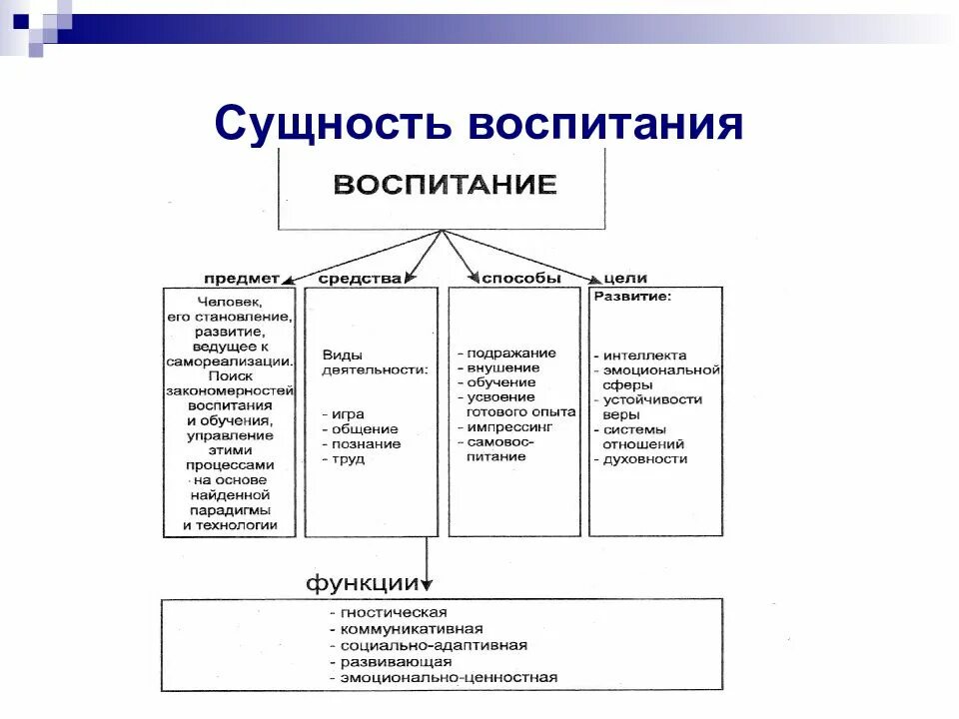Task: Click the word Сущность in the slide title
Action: tap(331, 123)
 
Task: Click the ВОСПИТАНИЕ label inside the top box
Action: tap(445, 186)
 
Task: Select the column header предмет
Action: tap(242, 279)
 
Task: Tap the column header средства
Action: tap(360, 279)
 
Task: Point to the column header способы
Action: tap(520, 279)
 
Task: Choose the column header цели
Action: tap(625, 279)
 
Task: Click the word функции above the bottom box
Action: tap(362, 581)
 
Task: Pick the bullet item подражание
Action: tap(511, 354)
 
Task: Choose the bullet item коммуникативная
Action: tap(411, 629)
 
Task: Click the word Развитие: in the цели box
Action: tap(633, 297)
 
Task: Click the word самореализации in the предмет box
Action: tap(230, 361)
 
